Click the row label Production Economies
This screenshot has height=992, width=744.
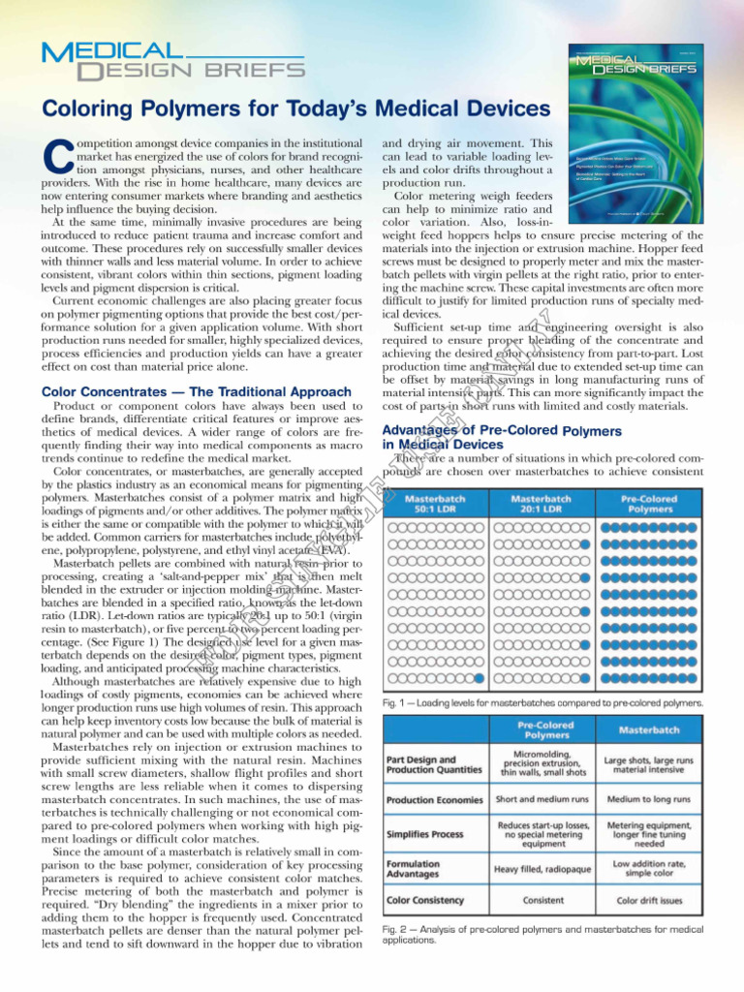(x=435, y=800)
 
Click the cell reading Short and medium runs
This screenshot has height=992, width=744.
(x=542, y=800)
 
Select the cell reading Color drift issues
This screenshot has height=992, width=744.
(x=648, y=900)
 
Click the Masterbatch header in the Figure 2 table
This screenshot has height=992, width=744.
(x=648, y=729)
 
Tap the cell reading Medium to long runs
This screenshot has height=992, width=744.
(x=648, y=800)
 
